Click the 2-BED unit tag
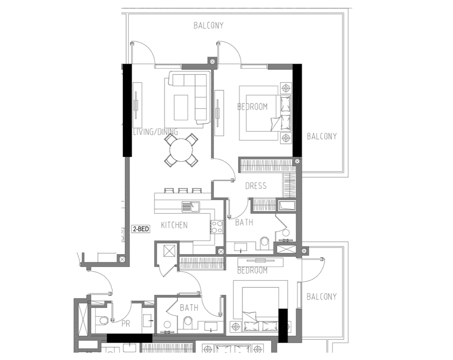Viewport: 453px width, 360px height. click(141, 229)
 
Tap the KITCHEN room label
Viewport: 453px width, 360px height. click(174, 225)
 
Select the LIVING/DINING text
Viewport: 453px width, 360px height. click(155, 132)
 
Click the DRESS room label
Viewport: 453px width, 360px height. click(256, 186)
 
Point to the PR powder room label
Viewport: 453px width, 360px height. click(126, 324)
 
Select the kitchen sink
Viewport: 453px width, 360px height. click(191, 207)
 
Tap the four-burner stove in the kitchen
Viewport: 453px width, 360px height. click(217, 227)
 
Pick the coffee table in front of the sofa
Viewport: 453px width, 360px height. click(181, 108)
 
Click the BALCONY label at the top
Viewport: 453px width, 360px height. click(209, 25)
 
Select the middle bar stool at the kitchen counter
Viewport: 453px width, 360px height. click(183, 191)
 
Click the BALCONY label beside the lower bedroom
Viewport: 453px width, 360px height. click(322, 297)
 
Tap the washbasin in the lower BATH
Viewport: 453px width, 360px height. click(212, 327)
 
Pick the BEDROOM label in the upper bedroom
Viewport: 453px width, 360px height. click(252, 106)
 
